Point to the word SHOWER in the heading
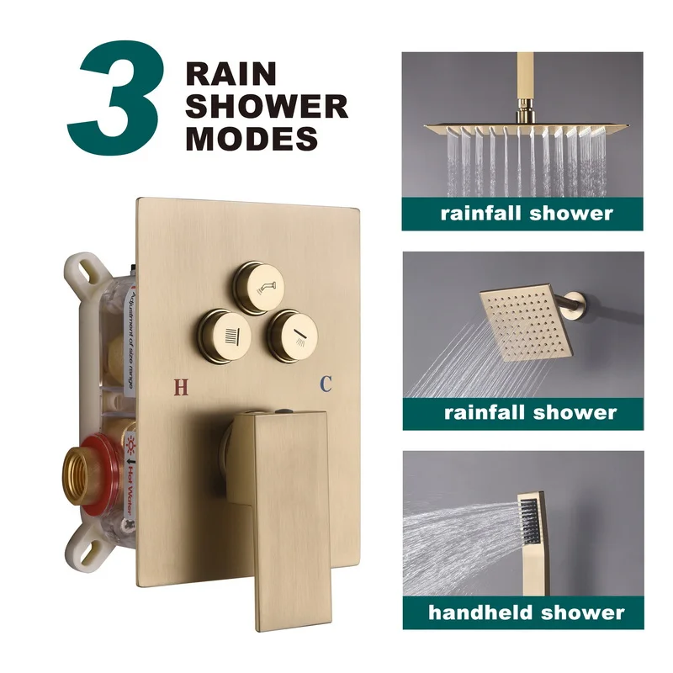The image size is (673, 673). pyautogui.click(x=267, y=106)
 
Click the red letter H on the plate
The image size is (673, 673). pyautogui.click(x=180, y=387)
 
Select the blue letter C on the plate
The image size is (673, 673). pyautogui.click(x=326, y=384)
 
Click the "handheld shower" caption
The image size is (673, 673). pyautogui.click(x=527, y=612)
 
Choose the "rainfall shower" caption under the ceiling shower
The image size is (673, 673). pyautogui.click(x=527, y=212)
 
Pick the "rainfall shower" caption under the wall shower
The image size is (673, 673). pyautogui.click(x=530, y=412)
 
